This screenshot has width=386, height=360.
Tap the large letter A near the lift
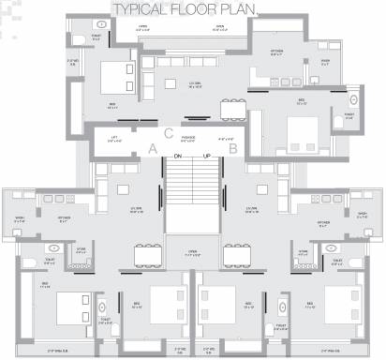[x=153, y=148]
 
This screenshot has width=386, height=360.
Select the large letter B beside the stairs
[x=233, y=148]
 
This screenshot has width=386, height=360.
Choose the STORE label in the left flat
[x=81, y=251]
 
